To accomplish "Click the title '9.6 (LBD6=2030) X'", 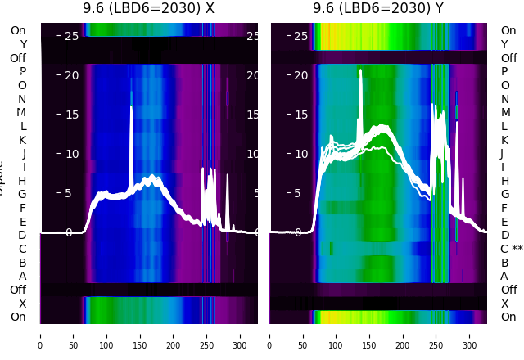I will point(148,9).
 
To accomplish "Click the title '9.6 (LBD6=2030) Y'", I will point(378,9).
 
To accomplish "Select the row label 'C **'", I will point(511,249).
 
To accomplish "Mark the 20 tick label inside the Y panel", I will point(300,75).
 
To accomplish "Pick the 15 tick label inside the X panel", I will point(70,115).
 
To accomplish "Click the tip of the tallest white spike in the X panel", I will point(131,106).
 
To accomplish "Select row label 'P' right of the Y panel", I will point(504,71).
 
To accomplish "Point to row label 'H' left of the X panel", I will point(22,181).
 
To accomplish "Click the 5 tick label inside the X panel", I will point(69,194).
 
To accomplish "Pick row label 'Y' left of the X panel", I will point(22,44).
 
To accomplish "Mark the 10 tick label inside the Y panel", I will point(300,154).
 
